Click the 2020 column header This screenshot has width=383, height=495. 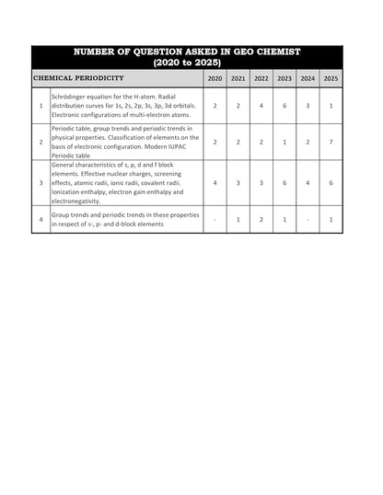click(215, 79)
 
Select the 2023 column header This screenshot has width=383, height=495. click(284, 79)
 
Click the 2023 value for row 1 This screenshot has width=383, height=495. click(284, 107)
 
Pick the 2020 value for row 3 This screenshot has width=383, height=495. click(215, 183)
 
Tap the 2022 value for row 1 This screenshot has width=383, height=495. click(261, 107)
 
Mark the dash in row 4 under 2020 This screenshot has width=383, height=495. click(215, 220)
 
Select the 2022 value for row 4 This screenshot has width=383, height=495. click(261, 220)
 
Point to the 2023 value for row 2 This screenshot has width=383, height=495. click(284, 143)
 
